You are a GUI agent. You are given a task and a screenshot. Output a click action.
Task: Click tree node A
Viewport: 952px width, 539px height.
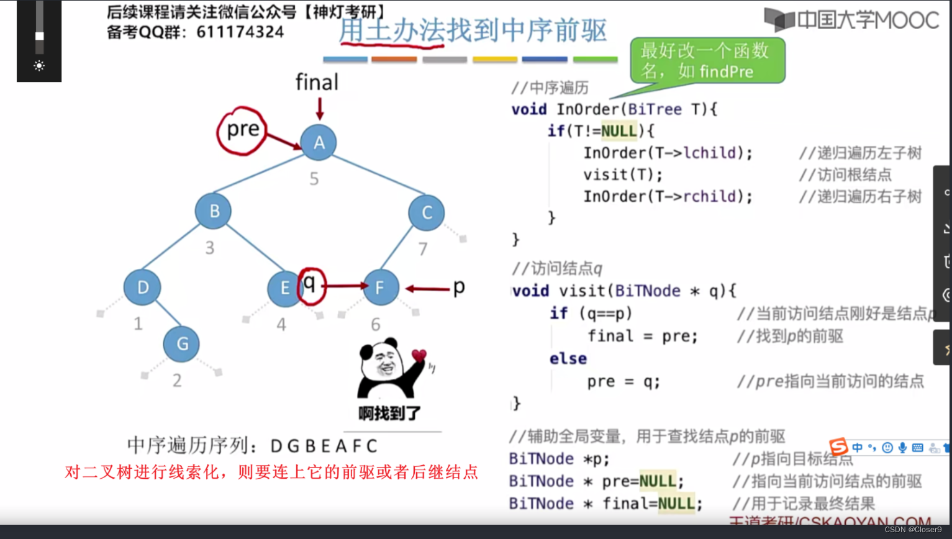point(319,142)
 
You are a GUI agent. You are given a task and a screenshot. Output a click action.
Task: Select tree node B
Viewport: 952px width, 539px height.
point(214,211)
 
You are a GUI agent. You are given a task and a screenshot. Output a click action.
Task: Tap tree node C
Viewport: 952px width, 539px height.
point(427,212)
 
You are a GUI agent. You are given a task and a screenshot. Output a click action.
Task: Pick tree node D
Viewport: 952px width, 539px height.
point(142,288)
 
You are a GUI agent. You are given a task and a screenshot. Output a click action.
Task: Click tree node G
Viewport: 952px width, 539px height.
point(182,343)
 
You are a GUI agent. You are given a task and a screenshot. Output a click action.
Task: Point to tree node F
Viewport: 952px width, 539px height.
point(380,287)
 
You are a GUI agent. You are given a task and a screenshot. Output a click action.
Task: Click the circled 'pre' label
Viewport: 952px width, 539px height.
point(242,130)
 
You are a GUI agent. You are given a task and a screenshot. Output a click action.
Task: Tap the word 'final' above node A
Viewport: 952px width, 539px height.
point(317,82)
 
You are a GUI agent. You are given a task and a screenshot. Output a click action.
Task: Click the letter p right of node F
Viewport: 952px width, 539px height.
point(459,287)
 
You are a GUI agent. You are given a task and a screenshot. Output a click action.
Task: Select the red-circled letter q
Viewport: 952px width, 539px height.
point(310,284)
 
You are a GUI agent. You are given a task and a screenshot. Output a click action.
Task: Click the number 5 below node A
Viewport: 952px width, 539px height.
point(314,179)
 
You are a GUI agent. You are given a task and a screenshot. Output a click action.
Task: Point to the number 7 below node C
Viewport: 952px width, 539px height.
point(423,249)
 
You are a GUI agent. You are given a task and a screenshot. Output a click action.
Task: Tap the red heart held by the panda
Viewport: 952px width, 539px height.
point(419,355)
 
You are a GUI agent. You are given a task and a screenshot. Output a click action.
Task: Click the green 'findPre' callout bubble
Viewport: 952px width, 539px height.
point(707,60)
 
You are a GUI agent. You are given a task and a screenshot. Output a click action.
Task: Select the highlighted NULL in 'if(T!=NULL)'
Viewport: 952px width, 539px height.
point(619,131)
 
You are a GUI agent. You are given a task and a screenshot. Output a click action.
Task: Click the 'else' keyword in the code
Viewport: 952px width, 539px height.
point(568,359)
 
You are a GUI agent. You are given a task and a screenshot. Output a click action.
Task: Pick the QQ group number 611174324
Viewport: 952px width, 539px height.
point(240,32)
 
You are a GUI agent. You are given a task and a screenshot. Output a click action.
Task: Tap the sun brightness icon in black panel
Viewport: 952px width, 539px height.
point(39,66)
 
